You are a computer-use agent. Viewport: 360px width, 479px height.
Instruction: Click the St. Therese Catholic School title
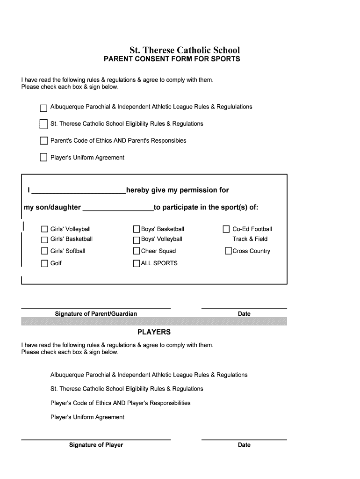coord(185,50)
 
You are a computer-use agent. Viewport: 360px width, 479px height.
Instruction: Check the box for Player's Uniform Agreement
coord(43,158)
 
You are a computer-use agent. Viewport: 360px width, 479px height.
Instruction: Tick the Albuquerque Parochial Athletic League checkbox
coord(43,108)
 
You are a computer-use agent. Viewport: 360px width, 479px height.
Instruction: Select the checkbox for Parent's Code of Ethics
coord(43,141)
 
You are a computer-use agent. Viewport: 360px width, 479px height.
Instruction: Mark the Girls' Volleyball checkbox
coord(44,229)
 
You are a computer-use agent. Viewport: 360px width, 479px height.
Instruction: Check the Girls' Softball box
coord(44,251)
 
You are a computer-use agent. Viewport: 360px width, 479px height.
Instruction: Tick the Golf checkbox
coord(44,263)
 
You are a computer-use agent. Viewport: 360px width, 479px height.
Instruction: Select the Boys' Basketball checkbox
coord(137,229)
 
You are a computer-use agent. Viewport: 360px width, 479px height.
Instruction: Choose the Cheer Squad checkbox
coord(137,251)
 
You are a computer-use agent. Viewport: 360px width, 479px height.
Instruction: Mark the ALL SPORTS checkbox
coord(137,263)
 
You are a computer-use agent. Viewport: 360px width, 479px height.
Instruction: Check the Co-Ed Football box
coord(226,229)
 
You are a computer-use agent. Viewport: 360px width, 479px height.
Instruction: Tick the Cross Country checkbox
coord(228,251)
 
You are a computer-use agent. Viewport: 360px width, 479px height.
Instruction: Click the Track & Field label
coord(250,239)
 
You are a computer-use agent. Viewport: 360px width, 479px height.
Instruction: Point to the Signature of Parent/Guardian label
coord(96,314)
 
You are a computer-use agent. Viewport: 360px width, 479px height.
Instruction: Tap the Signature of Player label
coord(96,445)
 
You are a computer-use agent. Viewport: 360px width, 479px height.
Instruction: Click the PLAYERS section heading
coord(154,332)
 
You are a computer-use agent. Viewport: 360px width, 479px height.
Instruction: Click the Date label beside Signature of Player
coord(244,445)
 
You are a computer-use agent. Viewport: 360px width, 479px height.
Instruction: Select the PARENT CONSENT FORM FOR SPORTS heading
coord(172,59)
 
